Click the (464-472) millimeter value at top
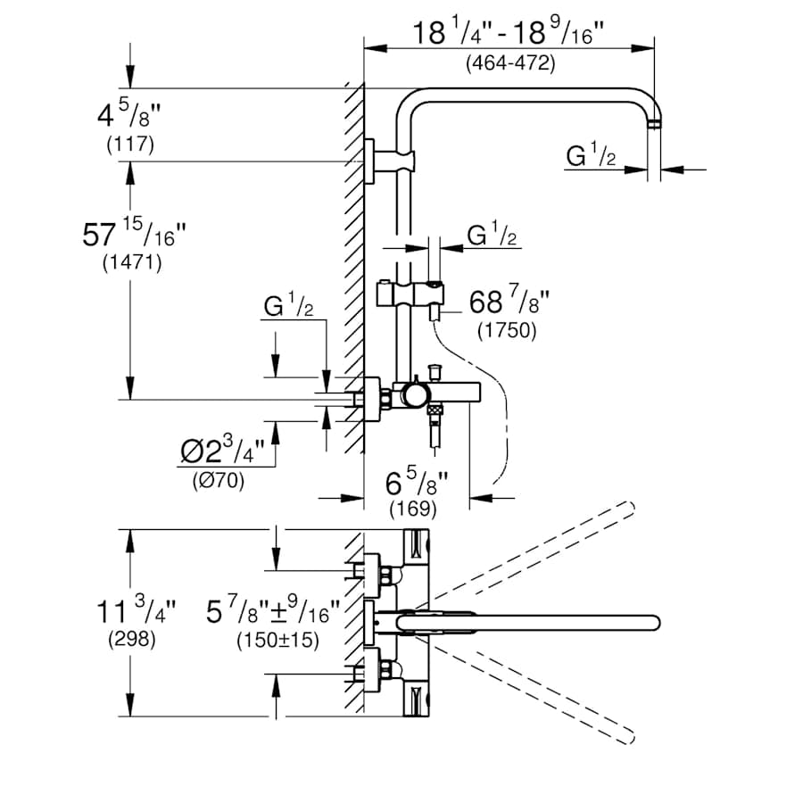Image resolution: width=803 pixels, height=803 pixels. coord(509,63)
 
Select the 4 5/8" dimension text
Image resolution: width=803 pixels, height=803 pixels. coord(130,117)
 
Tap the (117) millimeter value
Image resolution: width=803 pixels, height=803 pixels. coord(130,144)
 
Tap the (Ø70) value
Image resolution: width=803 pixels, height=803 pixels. coord(219,480)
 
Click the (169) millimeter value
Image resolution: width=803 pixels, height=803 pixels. coord(413,510)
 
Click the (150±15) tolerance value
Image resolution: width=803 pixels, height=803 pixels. coord(277,640)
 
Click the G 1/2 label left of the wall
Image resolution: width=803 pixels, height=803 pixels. coord(288,308)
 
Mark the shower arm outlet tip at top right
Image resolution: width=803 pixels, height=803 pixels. coord(656,123)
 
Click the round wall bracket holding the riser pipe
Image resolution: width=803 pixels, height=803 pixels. coord(369,161)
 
